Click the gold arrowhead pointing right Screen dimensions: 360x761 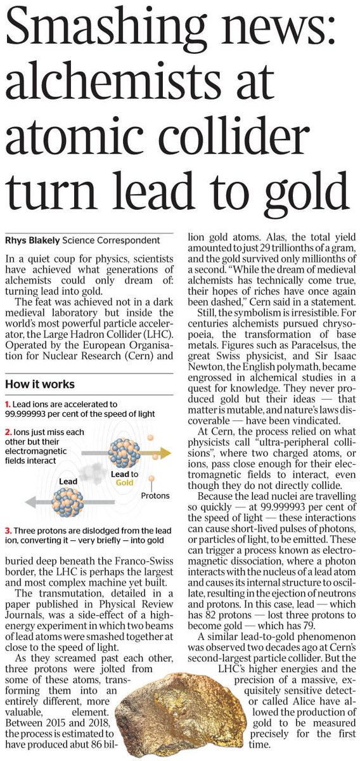pyautogui.click(x=166, y=452)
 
